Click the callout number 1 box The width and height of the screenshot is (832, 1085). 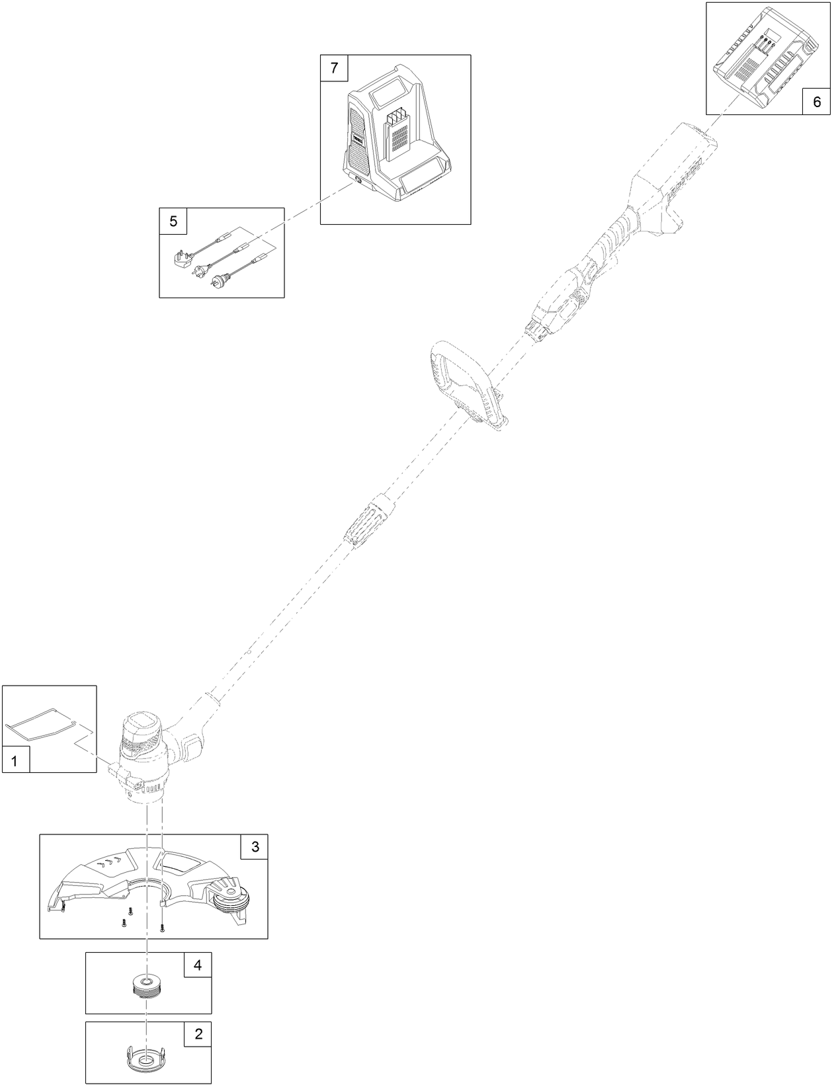point(16,760)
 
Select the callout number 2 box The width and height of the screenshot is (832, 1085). point(198,1033)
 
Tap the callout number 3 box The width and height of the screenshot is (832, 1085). point(255,846)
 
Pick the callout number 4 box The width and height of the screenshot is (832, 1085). point(197,965)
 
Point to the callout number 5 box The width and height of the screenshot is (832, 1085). point(173,221)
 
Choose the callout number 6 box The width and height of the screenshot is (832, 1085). point(816,102)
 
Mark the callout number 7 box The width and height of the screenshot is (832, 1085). point(334,67)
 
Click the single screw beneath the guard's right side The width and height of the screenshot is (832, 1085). point(163,928)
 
